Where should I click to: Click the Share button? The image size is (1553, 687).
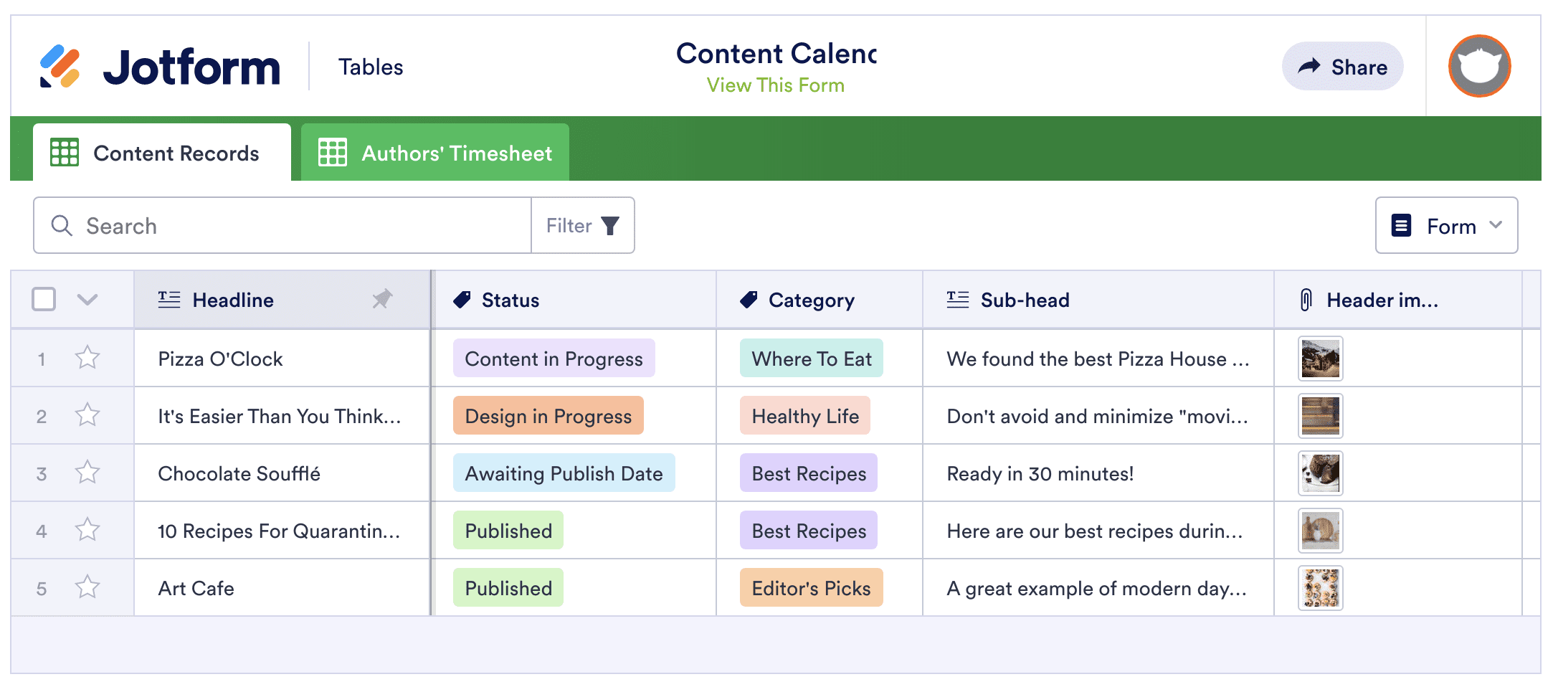(1342, 66)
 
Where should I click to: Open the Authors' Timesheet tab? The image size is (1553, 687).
(435, 152)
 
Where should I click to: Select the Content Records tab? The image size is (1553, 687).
(162, 152)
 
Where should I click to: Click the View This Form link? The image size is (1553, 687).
(775, 85)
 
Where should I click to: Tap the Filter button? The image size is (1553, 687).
(582, 226)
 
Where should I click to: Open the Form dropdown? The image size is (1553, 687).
(1446, 226)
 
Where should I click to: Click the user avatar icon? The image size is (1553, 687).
(1479, 66)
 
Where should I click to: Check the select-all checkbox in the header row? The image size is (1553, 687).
(44, 299)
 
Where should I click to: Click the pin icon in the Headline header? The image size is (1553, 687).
(382, 299)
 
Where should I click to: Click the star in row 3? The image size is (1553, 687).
(87, 473)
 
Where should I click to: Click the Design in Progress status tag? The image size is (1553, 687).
(548, 416)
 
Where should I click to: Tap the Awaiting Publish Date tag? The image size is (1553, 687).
(564, 473)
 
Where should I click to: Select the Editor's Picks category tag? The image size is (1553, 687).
(812, 588)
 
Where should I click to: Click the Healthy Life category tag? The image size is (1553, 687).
(805, 416)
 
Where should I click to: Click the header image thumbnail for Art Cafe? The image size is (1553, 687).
(1321, 588)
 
